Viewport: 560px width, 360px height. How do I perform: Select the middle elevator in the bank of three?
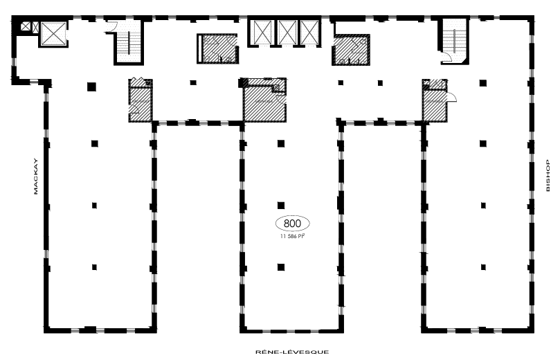(287, 32)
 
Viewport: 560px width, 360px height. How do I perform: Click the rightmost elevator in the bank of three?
(309, 32)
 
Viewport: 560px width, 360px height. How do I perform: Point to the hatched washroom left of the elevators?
(217, 48)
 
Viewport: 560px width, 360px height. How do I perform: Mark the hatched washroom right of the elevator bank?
(352, 51)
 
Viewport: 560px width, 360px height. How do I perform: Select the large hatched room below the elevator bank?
(263, 102)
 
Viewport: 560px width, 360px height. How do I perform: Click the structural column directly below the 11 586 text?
(280, 266)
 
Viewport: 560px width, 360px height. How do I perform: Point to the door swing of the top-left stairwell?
(111, 29)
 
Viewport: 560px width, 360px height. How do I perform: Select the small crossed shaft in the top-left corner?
(26, 26)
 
